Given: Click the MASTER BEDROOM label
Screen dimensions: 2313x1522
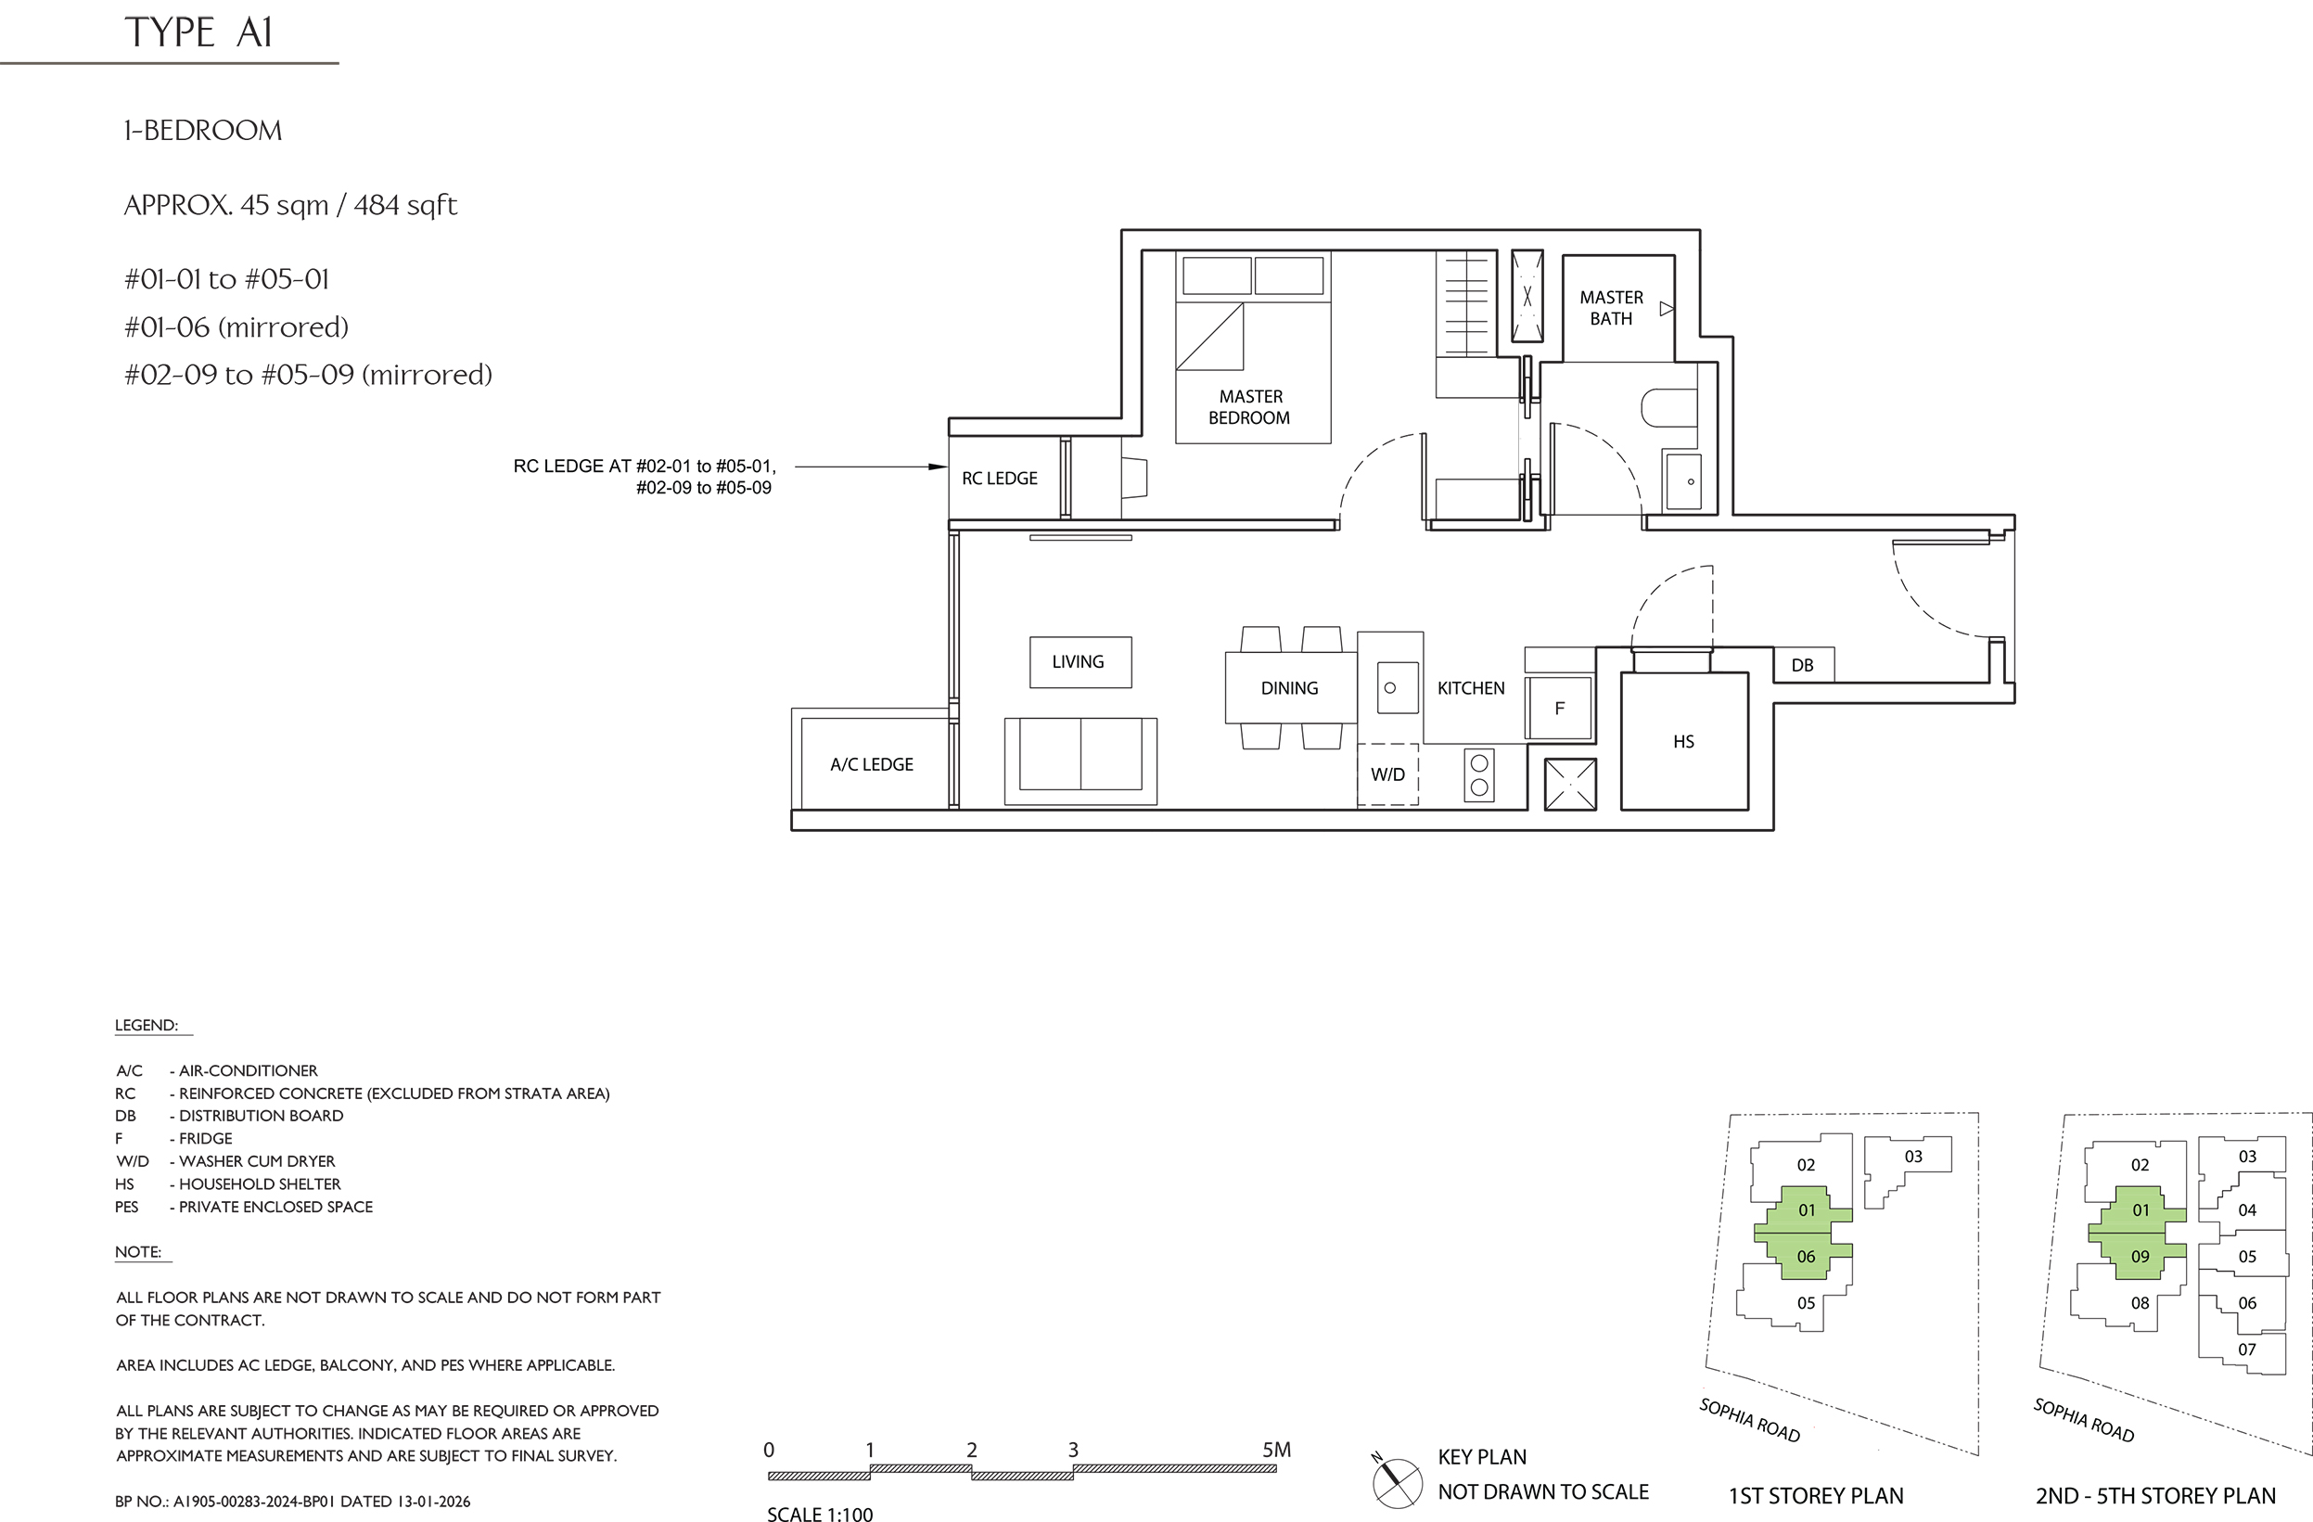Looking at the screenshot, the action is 1250,407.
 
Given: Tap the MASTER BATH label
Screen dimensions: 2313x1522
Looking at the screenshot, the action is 1611,308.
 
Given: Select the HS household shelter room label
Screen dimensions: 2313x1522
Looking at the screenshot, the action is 1683,742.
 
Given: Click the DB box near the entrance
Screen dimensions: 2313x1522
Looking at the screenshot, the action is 1804,665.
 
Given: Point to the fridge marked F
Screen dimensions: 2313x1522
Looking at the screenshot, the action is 1559,709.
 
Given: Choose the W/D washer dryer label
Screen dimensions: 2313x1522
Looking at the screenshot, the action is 1387,774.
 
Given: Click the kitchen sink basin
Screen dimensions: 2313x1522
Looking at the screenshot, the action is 1398,687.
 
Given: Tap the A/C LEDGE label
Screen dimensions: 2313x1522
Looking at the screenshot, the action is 872,765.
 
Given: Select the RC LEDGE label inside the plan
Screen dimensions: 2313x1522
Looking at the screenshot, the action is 999,479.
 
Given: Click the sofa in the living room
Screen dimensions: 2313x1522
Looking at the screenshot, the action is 1080,761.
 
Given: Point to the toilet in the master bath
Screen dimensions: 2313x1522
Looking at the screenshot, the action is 1668,408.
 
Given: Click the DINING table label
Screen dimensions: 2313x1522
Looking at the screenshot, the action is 1290,688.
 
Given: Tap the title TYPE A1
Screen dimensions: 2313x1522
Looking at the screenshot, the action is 198,32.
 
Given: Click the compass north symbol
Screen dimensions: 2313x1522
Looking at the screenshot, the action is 1397,1483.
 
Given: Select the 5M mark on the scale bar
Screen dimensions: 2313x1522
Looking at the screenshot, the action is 1276,1450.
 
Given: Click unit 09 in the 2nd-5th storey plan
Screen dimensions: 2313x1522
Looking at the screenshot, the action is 2140,1257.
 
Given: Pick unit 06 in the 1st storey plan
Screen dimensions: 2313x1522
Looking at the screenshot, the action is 1806,1257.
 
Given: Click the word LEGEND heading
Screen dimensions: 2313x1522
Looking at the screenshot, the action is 147,1026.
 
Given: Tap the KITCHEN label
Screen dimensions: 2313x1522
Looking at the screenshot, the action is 1470,688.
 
